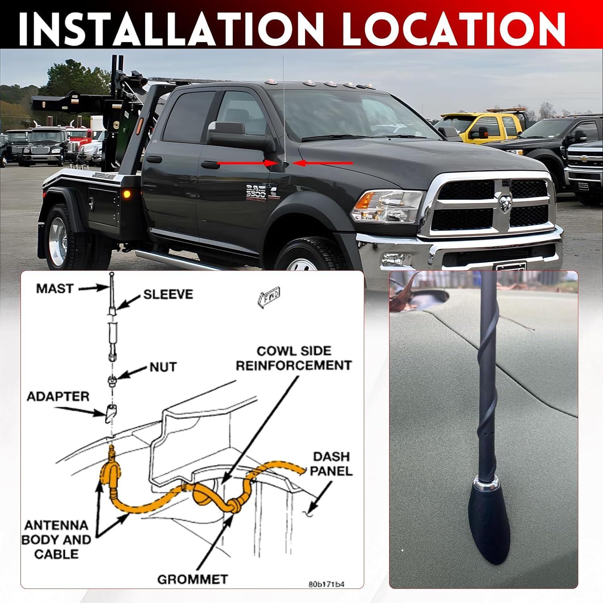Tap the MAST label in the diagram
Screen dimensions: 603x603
click(x=55, y=289)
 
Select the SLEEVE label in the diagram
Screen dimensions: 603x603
click(x=168, y=294)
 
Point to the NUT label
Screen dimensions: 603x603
click(x=163, y=367)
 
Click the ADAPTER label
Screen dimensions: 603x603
click(x=58, y=397)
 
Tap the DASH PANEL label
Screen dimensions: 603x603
click(x=331, y=464)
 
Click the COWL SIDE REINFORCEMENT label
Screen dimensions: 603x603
click(x=293, y=358)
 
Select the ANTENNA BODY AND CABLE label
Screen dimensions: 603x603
click(x=56, y=539)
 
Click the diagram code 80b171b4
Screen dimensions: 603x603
click(x=326, y=585)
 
